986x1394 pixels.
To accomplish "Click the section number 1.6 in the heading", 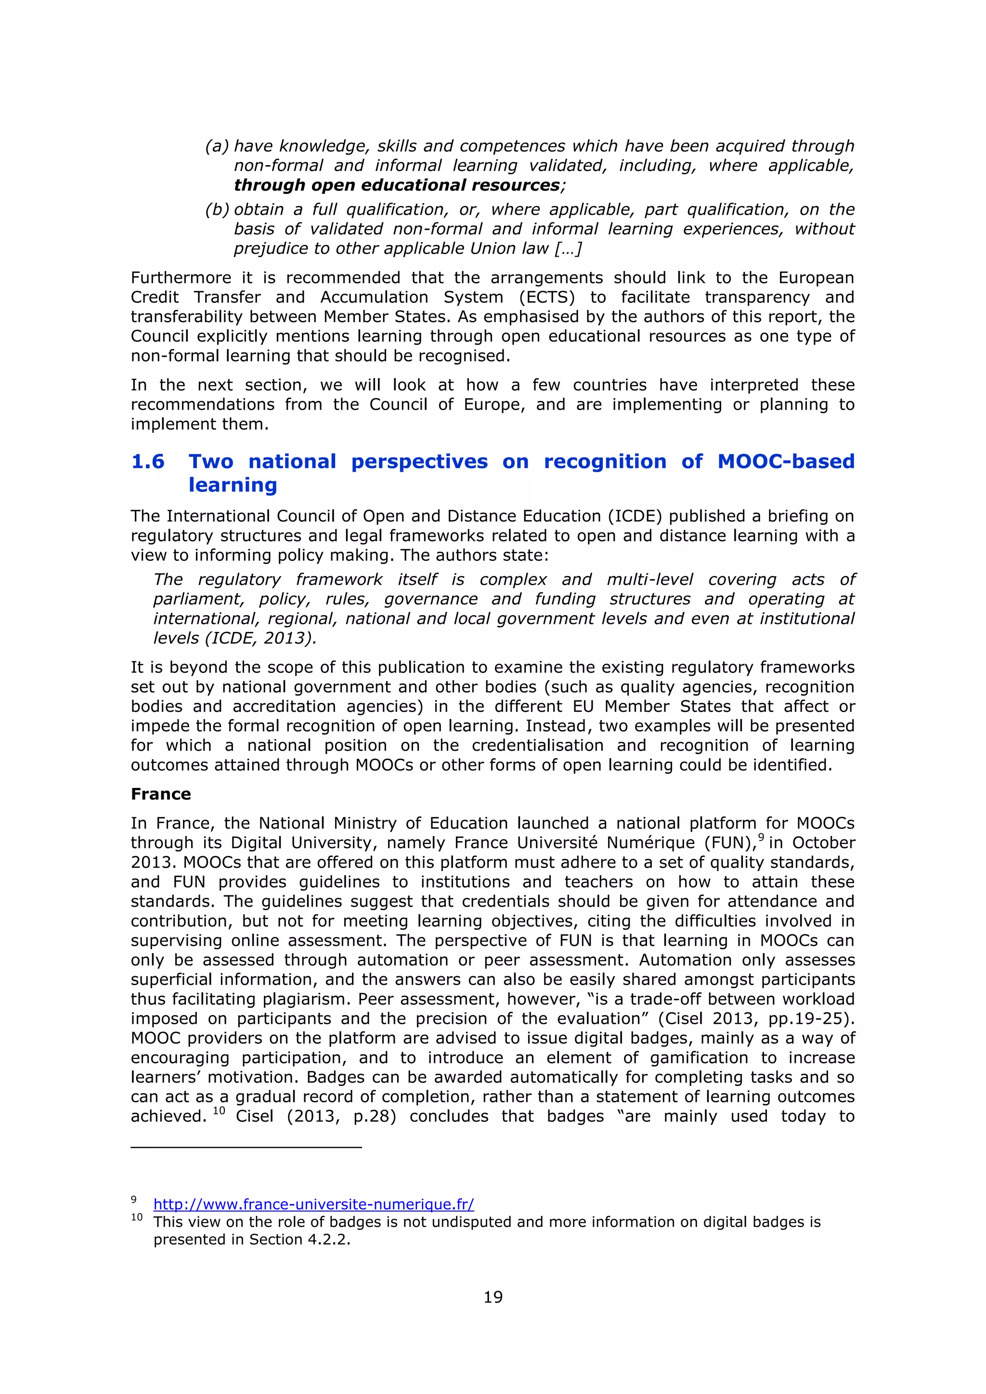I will [x=147, y=462].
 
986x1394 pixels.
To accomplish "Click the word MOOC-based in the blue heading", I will [x=786, y=462].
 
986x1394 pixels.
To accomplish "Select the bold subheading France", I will [x=161, y=794].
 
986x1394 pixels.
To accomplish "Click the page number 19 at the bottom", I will [x=493, y=1297].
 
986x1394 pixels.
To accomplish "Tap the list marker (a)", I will [x=217, y=146].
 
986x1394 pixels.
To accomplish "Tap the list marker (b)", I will [x=217, y=209].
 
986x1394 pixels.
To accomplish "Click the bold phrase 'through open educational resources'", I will [x=396, y=185].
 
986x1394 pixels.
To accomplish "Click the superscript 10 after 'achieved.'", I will [x=219, y=1111].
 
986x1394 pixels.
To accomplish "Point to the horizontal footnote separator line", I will [x=246, y=1148].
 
